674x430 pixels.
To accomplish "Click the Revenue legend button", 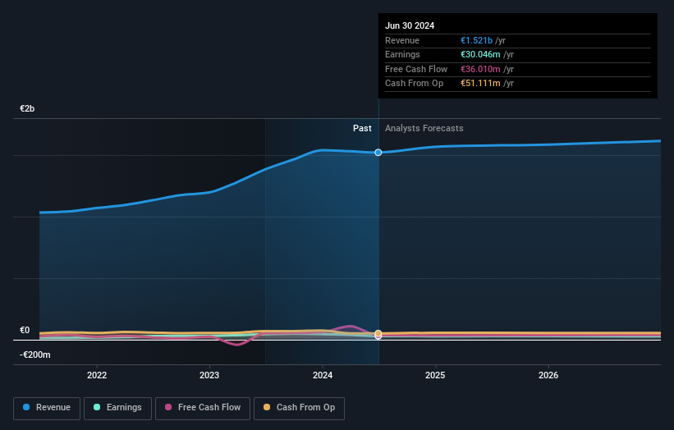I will [47, 408].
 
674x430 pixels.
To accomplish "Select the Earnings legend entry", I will [117, 408].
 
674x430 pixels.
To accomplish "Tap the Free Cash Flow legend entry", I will [200, 408].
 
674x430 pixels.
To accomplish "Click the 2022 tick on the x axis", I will [97, 375].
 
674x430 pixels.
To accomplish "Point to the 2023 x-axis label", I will [209, 375].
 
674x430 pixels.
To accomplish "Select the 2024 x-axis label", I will [323, 375].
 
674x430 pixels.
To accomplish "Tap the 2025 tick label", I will [435, 375].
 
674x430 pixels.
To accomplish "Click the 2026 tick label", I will [548, 375].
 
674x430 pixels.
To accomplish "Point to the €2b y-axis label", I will [28, 109].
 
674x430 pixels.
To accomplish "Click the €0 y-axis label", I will [25, 331].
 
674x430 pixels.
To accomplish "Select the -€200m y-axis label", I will [35, 355].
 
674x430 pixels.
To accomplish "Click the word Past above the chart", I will [362, 129].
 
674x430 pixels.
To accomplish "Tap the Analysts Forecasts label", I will [424, 129].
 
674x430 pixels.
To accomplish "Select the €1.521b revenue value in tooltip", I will [477, 41].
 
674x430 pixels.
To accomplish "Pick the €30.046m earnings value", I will [480, 55].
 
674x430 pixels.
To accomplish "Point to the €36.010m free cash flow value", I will [480, 70].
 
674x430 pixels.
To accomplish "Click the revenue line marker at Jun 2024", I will [378, 153].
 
